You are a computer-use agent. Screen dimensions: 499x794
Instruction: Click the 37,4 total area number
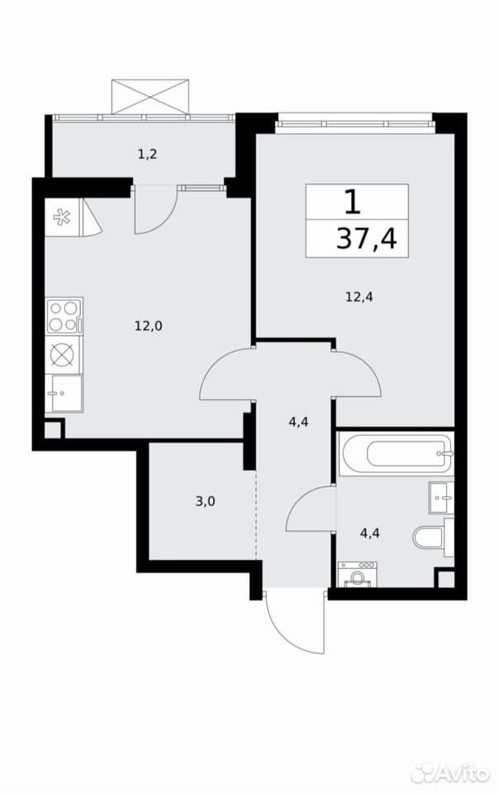tap(367, 239)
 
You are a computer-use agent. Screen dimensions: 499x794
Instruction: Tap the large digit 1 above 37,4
tap(353, 202)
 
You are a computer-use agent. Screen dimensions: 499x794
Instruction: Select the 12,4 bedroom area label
tap(359, 297)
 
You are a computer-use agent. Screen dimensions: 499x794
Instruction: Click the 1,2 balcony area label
tap(148, 154)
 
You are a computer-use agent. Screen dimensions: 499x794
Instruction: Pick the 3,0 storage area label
tap(205, 502)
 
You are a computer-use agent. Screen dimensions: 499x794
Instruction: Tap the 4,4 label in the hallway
tap(299, 421)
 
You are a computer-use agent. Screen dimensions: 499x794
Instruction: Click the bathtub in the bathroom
tap(396, 454)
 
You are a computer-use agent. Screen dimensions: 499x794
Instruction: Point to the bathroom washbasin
tap(441, 497)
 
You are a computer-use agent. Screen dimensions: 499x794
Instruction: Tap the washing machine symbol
tap(359, 574)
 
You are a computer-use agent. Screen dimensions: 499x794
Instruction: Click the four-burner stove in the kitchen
tap(64, 316)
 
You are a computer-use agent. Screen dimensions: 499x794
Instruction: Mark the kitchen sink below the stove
tap(64, 394)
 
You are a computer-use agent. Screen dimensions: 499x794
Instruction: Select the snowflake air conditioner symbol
tap(62, 218)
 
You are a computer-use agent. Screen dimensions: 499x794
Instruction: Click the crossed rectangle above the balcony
tap(150, 96)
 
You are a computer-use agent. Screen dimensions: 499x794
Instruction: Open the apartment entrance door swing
tap(293, 622)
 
